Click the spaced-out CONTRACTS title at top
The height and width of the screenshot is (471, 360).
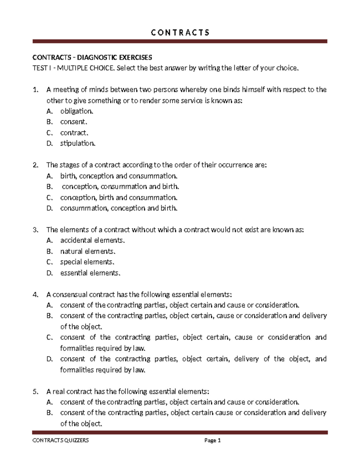coord(180,32)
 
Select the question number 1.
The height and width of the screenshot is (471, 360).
coord(36,90)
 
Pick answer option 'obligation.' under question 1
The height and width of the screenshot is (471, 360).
coord(77,111)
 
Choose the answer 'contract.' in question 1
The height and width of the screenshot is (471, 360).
coord(74,133)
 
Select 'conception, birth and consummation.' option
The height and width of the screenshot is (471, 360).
coord(119,198)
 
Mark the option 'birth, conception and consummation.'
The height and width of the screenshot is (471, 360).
coord(119,176)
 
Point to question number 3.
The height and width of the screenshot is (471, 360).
coord(36,230)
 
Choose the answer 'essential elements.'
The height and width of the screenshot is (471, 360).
coord(90,273)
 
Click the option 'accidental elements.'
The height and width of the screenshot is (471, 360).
coord(92,240)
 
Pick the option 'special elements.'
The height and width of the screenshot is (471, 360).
coord(87,262)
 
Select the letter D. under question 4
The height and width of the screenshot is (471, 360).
coord(50,359)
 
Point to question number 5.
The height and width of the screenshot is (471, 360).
coord(36,392)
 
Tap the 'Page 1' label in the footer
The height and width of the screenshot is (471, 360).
coord(212,441)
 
